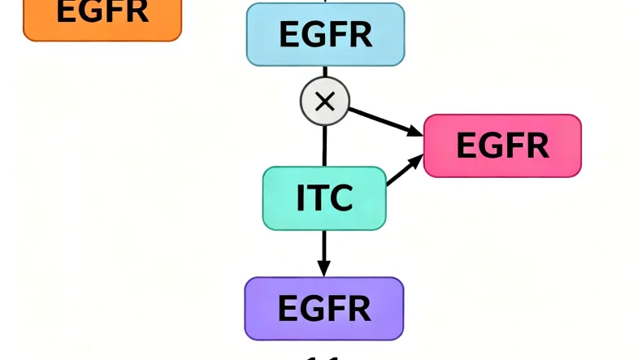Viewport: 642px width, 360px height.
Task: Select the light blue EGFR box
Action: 325,34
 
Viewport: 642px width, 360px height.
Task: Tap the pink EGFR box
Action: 502,145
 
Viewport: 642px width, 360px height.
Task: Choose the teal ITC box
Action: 324,198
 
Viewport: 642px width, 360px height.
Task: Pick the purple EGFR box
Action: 324,308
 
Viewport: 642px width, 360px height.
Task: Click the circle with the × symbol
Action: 324,102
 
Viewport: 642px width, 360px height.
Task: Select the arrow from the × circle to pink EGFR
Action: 386,120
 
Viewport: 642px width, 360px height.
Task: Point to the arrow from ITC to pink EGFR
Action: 404,171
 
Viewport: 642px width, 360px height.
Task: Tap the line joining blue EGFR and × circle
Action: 324,72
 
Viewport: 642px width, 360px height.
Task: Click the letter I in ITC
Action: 300,198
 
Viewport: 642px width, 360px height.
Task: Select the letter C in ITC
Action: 341,198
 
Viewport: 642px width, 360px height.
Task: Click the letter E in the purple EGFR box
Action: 288,309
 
